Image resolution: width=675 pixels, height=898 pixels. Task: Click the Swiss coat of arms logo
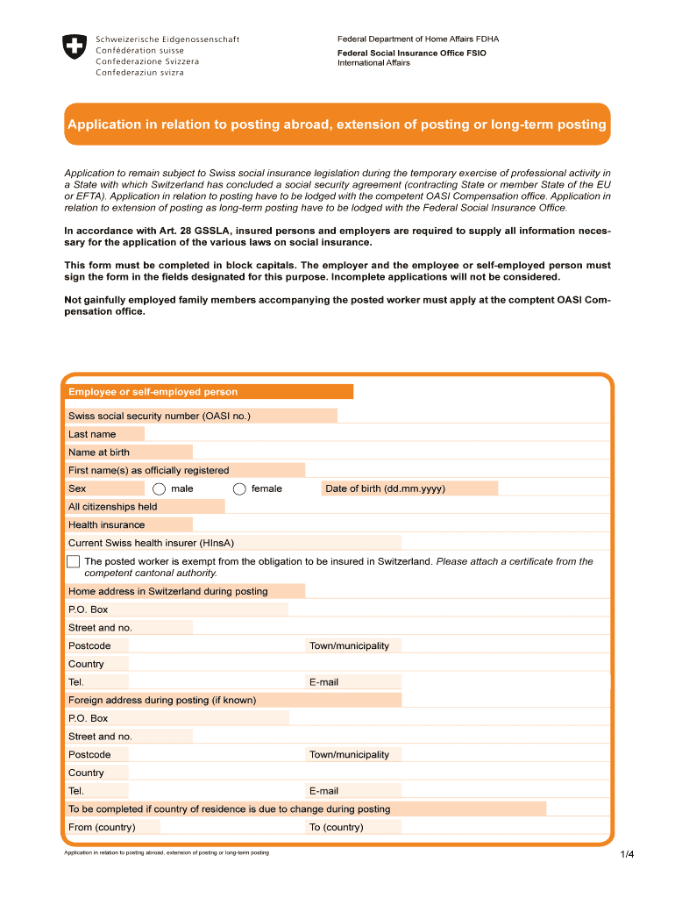75,47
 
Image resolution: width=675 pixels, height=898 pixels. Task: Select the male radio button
159,489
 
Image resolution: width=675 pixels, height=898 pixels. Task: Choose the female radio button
239,489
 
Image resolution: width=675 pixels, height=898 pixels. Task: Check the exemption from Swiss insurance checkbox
73,561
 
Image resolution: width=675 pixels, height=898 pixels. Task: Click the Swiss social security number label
160,416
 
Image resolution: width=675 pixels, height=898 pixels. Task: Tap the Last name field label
92,434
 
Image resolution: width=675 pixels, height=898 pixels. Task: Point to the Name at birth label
99,453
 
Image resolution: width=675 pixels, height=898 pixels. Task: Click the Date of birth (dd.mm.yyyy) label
385,488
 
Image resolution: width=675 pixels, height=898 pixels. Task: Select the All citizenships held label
113,507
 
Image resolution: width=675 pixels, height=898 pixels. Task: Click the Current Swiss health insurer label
151,543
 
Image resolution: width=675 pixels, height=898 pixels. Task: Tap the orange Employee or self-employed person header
153,392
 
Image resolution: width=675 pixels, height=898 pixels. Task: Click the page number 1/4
626,855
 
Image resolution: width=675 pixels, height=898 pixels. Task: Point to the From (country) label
102,827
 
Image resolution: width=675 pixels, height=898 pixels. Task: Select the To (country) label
337,827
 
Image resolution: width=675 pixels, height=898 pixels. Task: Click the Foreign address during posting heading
162,700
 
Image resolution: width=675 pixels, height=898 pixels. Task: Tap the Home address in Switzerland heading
168,591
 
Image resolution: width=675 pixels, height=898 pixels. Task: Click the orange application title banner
337,125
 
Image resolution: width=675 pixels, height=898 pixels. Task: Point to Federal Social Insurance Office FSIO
412,53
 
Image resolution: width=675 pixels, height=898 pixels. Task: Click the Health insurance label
107,524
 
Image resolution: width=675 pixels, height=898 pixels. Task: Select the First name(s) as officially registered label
149,470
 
